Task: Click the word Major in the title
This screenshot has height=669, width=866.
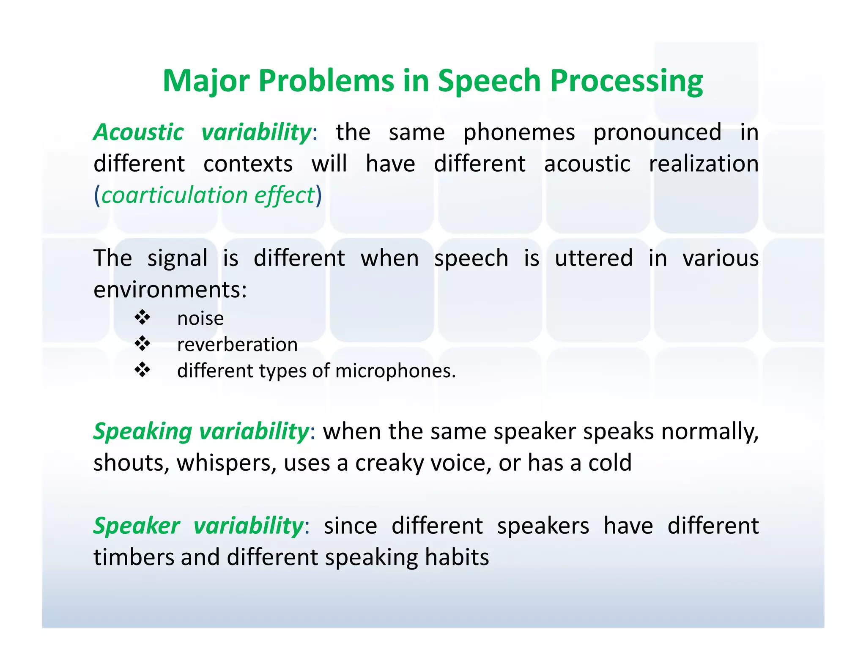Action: click(x=206, y=81)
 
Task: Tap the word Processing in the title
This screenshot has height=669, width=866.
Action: click(x=626, y=81)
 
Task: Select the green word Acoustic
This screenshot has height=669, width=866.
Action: click(x=139, y=133)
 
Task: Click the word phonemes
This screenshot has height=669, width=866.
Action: click(x=519, y=133)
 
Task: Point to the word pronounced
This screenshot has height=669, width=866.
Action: click(x=657, y=133)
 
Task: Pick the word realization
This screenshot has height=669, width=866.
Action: click(x=704, y=164)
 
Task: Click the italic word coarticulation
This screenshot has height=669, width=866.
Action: click(x=174, y=195)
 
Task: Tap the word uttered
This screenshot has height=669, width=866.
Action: click(x=593, y=258)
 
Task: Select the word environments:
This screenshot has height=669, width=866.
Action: click(x=170, y=290)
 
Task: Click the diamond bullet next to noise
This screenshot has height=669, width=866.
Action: click(x=143, y=318)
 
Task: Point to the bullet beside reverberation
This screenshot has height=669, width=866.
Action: click(x=143, y=344)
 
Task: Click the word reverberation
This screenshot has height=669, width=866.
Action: click(x=237, y=345)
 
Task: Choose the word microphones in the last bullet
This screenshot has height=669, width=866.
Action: click(x=395, y=371)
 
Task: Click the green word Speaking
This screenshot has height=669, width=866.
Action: click(x=143, y=432)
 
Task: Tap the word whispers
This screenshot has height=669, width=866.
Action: click(x=227, y=463)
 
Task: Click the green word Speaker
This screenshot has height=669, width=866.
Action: click(x=137, y=526)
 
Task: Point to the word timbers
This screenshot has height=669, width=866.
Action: click(x=134, y=557)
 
